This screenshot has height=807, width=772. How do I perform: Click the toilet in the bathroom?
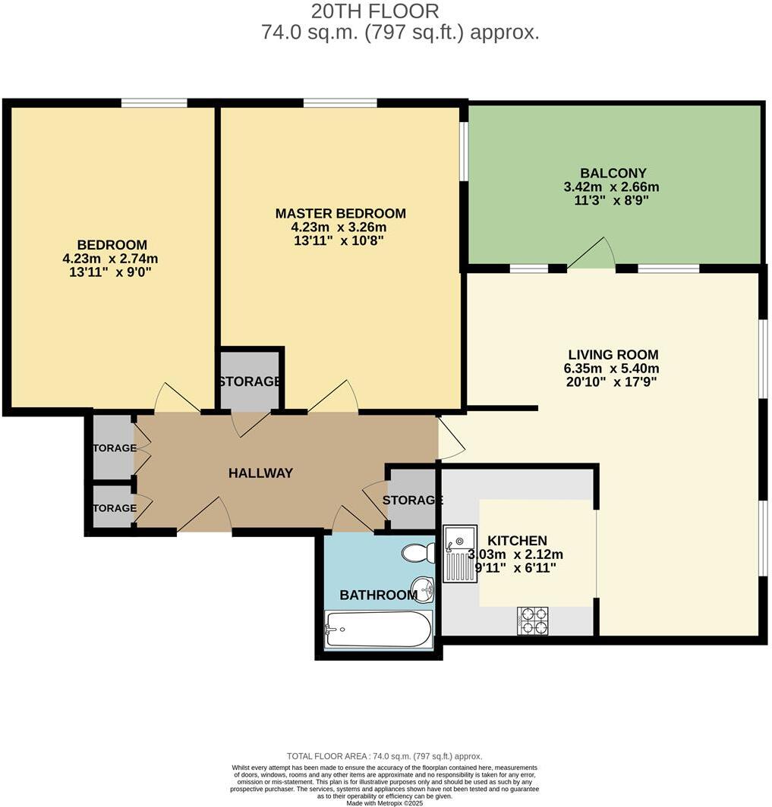[x=418, y=552]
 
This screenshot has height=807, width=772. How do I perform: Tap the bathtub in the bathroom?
[x=378, y=630]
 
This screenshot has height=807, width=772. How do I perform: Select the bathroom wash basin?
[x=424, y=587]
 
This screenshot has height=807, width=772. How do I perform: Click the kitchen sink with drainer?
[x=460, y=553]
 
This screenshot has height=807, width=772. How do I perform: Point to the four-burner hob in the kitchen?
[x=533, y=620]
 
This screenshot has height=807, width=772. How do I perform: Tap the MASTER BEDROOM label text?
[x=340, y=214]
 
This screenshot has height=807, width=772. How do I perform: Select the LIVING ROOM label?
[x=613, y=354]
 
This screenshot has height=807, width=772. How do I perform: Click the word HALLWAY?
[x=260, y=473]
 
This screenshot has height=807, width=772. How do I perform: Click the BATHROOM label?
[x=378, y=595]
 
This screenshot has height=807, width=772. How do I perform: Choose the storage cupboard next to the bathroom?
[x=412, y=500]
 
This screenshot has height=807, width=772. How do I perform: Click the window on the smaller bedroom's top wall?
[x=154, y=102]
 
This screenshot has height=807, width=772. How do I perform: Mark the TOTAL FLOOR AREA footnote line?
[x=384, y=756]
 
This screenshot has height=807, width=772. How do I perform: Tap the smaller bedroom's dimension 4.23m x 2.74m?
[x=111, y=258]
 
